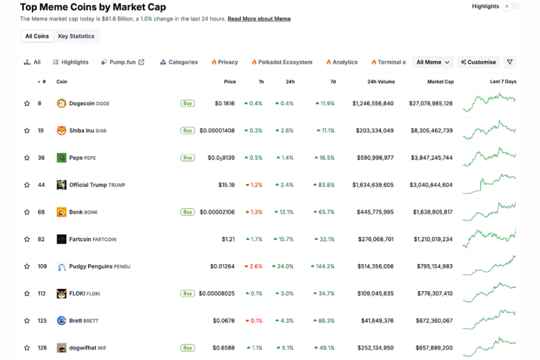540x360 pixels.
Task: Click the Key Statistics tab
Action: pyautogui.click(x=76, y=36)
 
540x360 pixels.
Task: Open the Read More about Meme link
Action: pyautogui.click(x=259, y=19)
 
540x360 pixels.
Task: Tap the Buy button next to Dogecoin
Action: pyautogui.click(x=187, y=103)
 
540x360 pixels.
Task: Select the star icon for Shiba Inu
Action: pyautogui.click(x=26, y=131)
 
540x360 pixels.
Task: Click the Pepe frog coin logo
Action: pyautogui.click(x=61, y=158)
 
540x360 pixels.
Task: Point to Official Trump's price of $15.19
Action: pyautogui.click(x=226, y=185)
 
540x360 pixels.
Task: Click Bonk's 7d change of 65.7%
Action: pyautogui.click(x=324, y=212)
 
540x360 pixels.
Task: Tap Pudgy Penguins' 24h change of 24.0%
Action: pyautogui.click(x=283, y=266)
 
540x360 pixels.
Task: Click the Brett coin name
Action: pyautogui.click(x=75, y=321)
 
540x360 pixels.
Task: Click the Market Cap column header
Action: pyautogui.click(x=440, y=82)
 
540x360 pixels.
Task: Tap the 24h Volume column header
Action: pyautogui.click(x=381, y=82)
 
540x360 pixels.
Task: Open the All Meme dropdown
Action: pyautogui.click(x=433, y=62)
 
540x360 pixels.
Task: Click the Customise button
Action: pyautogui.click(x=478, y=62)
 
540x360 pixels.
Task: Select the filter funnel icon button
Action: pyautogui.click(x=510, y=62)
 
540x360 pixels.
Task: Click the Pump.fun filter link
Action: pyautogui.click(x=122, y=62)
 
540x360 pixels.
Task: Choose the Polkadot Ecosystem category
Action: pyautogui.click(x=282, y=62)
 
